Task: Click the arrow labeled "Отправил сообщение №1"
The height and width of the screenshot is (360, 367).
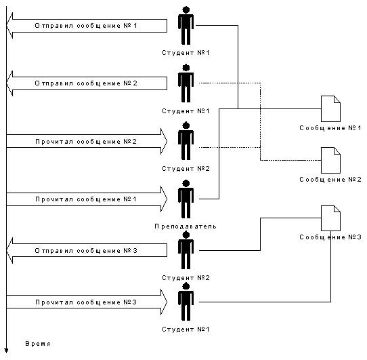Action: coord(87,26)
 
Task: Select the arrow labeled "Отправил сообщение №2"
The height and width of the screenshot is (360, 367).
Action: coord(87,83)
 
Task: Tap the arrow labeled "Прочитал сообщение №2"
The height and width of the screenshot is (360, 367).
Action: coord(87,141)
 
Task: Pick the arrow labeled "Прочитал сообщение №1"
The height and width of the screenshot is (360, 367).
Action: coord(87,199)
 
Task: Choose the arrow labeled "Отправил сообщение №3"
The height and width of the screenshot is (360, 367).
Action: coord(87,250)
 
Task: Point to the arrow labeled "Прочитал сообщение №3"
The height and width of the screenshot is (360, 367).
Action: coord(87,302)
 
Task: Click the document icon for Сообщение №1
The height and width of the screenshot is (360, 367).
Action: coord(330,108)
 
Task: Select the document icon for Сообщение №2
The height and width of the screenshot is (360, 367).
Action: coord(330,160)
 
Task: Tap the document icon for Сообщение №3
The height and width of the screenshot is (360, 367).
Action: coord(330,218)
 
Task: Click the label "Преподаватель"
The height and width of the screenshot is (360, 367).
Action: coord(186,226)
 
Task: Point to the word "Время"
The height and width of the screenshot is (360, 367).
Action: coord(38,344)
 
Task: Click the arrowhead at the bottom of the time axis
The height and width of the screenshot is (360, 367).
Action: coord(6,351)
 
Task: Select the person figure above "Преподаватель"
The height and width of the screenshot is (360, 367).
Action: coord(186,199)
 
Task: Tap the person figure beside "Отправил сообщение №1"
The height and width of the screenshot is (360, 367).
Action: coord(186,26)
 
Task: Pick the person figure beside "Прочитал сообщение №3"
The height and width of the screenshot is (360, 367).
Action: coord(186,302)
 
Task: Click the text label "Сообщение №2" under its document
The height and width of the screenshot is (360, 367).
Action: coord(330,180)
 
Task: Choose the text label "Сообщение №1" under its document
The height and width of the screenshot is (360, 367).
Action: coord(330,128)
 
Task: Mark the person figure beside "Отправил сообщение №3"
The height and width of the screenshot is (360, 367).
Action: coord(186,250)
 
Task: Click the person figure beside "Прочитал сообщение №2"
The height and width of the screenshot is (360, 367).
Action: coord(186,141)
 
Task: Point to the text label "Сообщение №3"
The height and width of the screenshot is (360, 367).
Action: coord(330,237)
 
